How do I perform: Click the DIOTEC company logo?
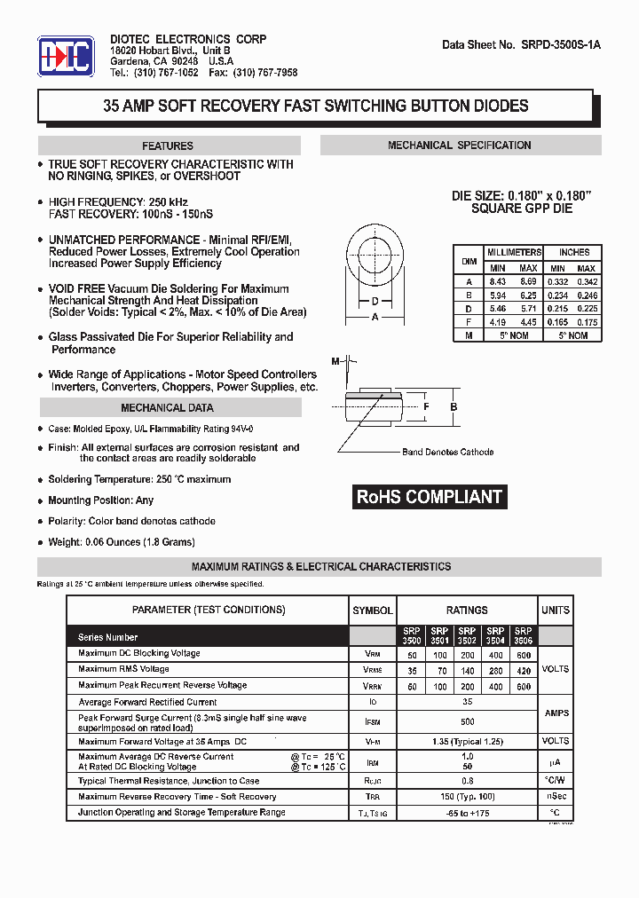pyautogui.click(x=67, y=59)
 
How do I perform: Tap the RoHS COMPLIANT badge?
pyautogui.click(x=430, y=497)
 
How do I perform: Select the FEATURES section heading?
pyautogui.click(x=168, y=146)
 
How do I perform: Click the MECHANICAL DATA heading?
pyautogui.click(x=168, y=408)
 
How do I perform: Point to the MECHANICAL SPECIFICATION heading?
pyautogui.click(x=460, y=146)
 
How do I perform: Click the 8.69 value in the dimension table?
pyautogui.click(x=528, y=281)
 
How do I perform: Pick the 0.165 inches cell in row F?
pyautogui.click(x=557, y=322)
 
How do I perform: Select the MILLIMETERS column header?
pyautogui.click(x=514, y=253)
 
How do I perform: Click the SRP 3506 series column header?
pyautogui.click(x=523, y=636)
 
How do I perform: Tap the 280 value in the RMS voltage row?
pyautogui.click(x=495, y=670)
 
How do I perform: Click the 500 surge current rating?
pyautogui.click(x=467, y=722)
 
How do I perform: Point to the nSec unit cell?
pyautogui.click(x=556, y=797)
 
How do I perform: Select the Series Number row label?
pyautogui.click(x=108, y=637)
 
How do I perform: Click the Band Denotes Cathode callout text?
pyautogui.click(x=447, y=453)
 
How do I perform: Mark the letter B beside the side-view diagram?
pyautogui.click(x=454, y=407)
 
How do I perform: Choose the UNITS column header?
pyautogui.click(x=556, y=610)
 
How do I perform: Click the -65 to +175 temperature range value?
pyautogui.click(x=467, y=813)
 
